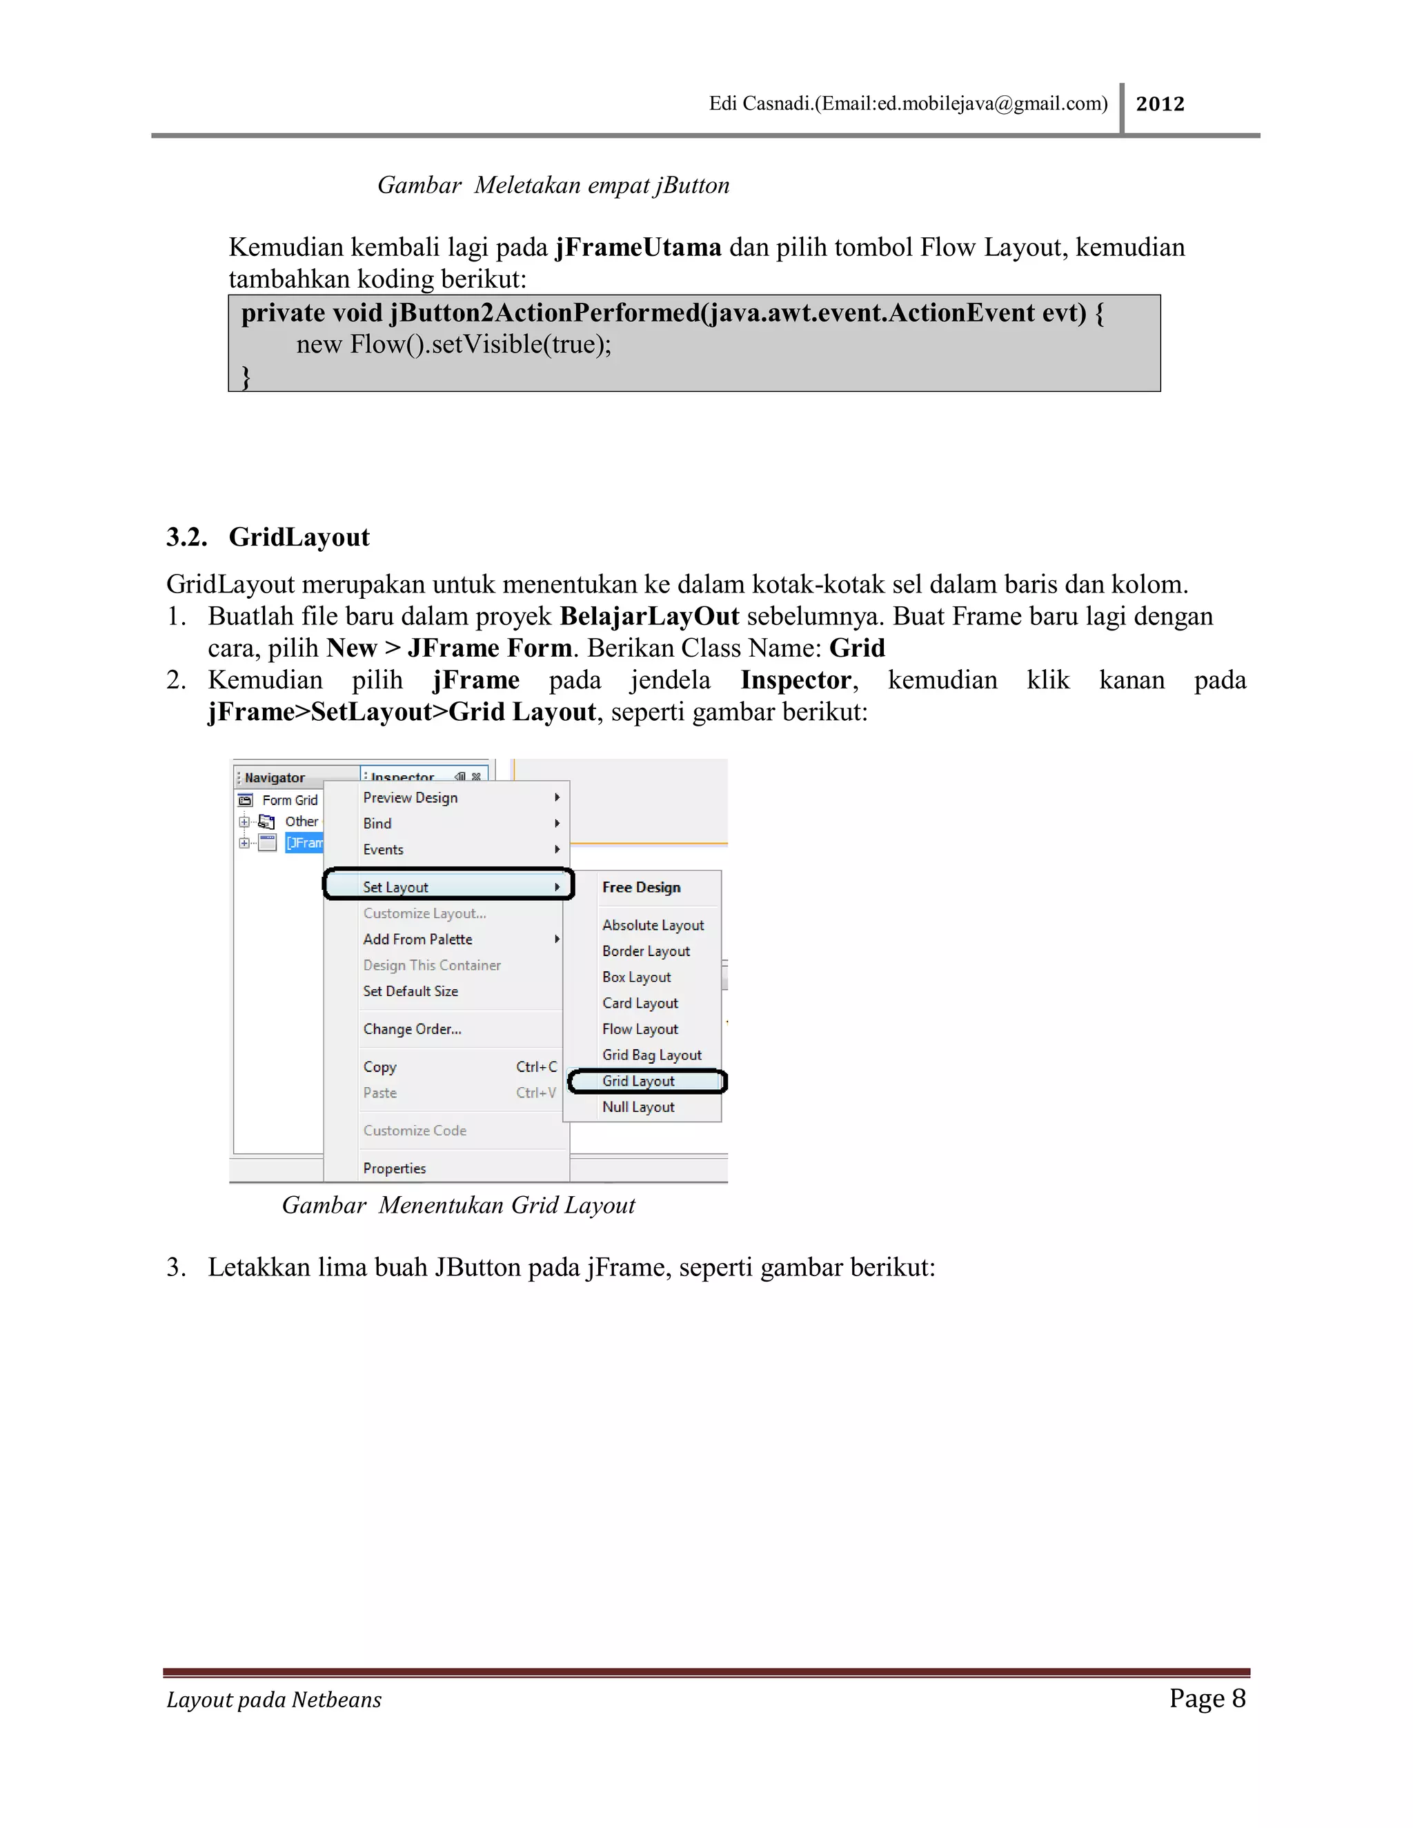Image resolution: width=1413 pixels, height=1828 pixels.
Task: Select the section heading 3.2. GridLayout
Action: (x=268, y=537)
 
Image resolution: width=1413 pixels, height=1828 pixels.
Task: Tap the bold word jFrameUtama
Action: (x=638, y=248)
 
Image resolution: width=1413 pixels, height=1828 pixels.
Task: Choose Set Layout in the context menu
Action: (x=396, y=886)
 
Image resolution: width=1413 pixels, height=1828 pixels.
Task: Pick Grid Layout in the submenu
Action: (x=638, y=1080)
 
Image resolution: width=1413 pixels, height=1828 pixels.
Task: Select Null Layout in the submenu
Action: (x=638, y=1106)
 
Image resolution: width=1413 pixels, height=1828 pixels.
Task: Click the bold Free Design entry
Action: (x=641, y=887)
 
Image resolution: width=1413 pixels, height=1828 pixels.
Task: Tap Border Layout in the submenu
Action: (x=646, y=951)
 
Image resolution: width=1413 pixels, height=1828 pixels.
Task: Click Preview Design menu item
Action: (x=411, y=797)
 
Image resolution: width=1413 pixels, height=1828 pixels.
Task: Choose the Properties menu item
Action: (x=394, y=1168)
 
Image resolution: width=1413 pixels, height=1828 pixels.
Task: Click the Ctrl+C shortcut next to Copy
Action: (x=535, y=1066)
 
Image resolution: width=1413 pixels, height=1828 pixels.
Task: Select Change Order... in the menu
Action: (x=412, y=1029)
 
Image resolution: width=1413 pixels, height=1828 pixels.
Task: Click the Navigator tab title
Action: (x=275, y=777)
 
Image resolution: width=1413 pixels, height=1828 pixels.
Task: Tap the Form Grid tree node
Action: (x=290, y=800)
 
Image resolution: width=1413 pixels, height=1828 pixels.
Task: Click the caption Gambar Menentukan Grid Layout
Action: (x=458, y=1205)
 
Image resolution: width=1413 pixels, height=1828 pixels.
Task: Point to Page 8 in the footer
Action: (x=1207, y=1698)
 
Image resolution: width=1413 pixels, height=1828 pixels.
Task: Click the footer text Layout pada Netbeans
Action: (x=274, y=1700)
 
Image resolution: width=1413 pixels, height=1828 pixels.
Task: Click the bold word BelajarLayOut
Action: (x=649, y=616)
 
